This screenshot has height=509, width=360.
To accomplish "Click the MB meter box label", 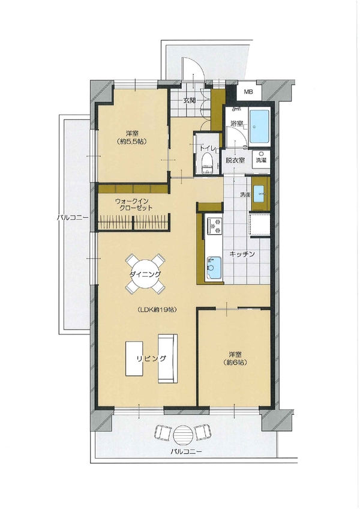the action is click(x=248, y=92).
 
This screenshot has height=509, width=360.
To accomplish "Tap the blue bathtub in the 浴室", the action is click(x=259, y=127).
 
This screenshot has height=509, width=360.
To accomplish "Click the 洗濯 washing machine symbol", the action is click(x=260, y=160).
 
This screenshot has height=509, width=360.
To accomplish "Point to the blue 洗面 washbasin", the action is click(x=260, y=193).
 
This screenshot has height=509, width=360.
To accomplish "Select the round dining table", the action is click(x=145, y=274).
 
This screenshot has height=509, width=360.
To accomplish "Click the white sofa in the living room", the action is click(x=168, y=358).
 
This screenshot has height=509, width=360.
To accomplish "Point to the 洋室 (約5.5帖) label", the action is click(x=132, y=137).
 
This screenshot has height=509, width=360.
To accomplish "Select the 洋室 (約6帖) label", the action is click(x=235, y=358).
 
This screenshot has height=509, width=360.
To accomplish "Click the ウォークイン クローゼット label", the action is click(x=133, y=205).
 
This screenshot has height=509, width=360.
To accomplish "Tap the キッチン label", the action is click(x=242, y=254).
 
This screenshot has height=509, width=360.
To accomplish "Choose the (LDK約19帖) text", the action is click(x=157, y=310).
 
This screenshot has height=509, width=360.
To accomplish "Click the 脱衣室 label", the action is click(x=235, y=160).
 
